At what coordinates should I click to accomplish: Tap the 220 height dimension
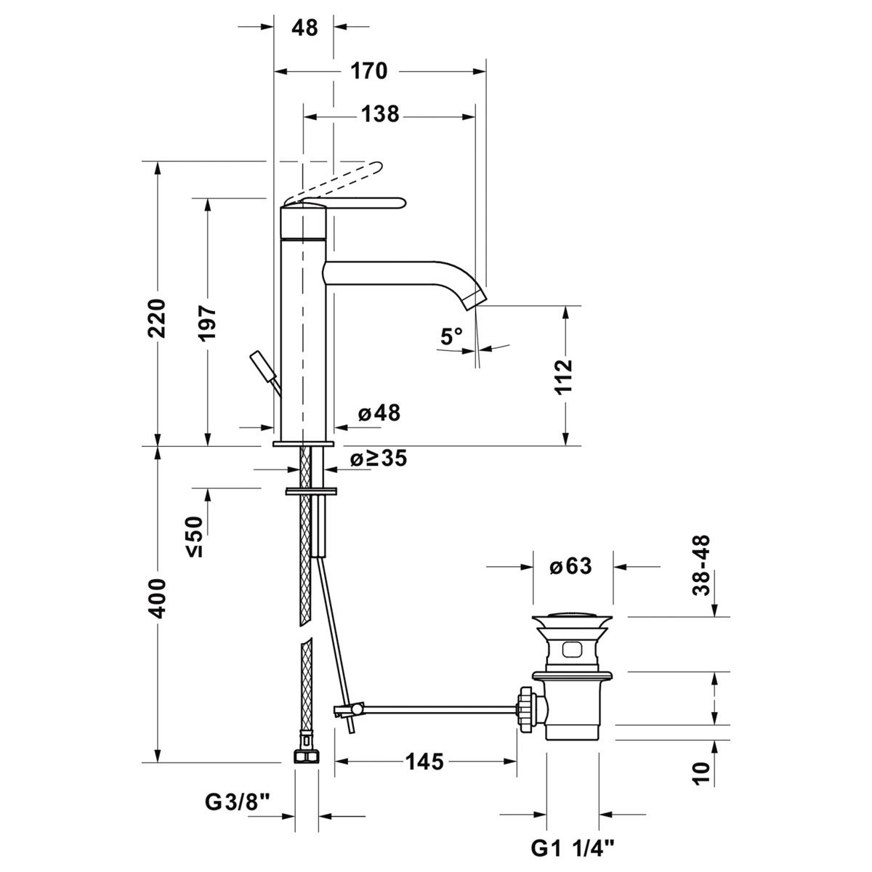pyautogui.click(x=158, y=318)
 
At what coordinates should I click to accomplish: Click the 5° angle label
pyautogui.click(x=451, y=336)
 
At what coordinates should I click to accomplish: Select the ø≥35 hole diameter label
pyautogui.click(x=378, y=459)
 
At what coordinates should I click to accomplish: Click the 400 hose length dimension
pyautogui.click(x=158, y=598)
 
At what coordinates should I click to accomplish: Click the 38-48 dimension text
pyautogui.click(x=701, y=566)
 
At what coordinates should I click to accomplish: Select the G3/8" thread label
pyautogui.click(x=237, y=803)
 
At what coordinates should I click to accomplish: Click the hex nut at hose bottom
pyautogui.click(x=307, y=755)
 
